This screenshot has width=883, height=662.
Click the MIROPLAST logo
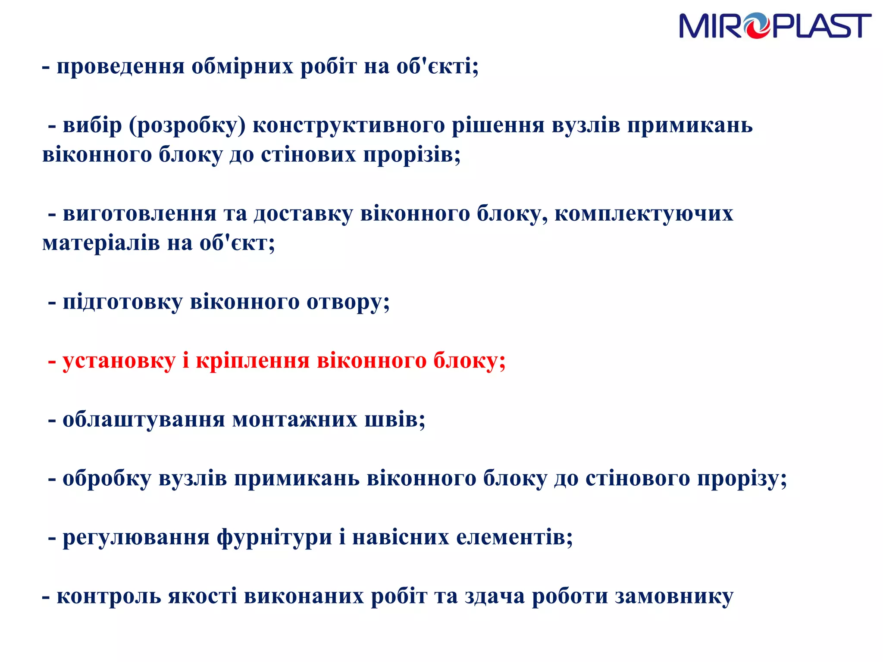(x=775, y=26)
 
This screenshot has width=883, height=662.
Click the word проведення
(x=121, y=67)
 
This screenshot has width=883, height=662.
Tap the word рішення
(x=498, y=126)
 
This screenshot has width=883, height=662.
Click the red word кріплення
(x=253, y=361)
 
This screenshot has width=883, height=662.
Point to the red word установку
(x=119, y=361)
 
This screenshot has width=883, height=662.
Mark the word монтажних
(x=295, y=420)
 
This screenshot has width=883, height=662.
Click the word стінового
(x=638, y=479)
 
